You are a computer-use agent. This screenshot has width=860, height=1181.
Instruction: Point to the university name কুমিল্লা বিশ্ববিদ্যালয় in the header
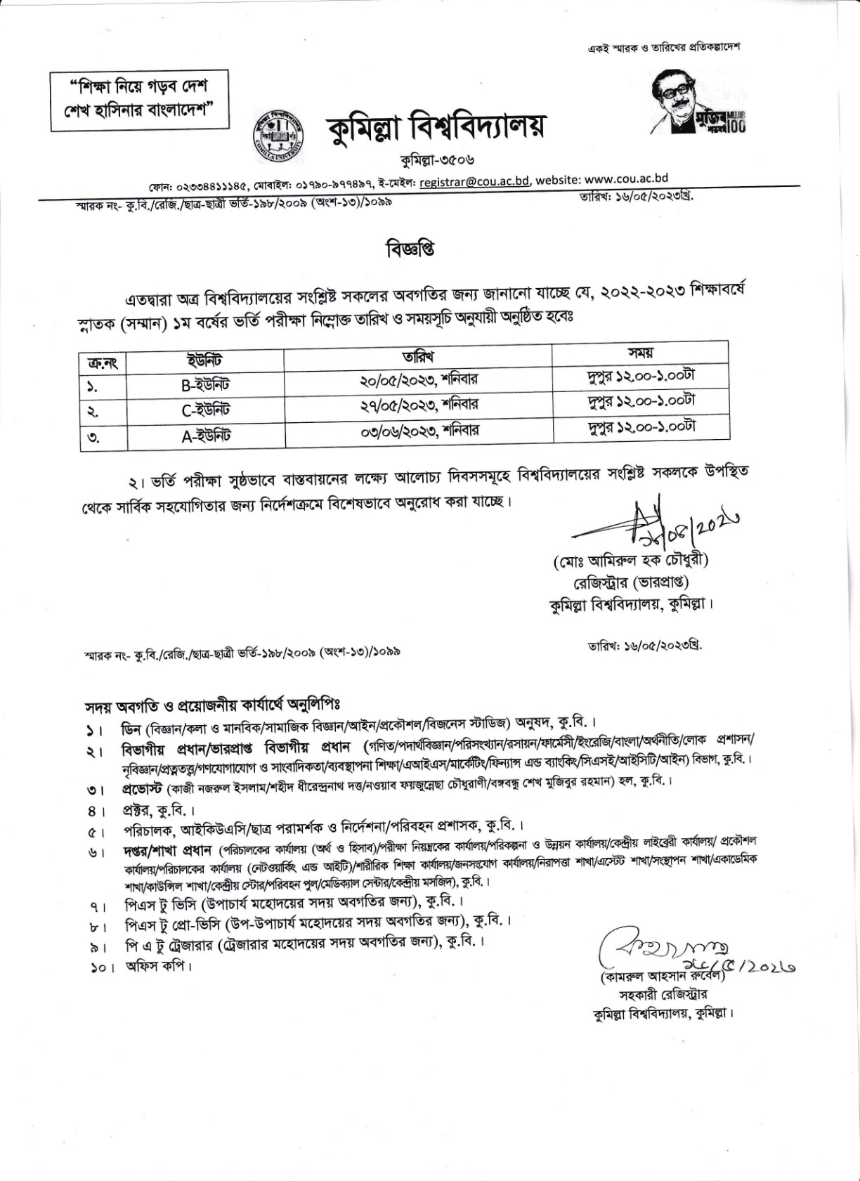(x=436, y=129)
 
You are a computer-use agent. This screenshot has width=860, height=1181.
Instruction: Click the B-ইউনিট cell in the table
(x=205, y=384)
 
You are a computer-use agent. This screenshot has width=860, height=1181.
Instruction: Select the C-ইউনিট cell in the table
(x=205, y=410)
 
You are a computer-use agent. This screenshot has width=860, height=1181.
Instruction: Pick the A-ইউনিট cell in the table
(x=205, y=436)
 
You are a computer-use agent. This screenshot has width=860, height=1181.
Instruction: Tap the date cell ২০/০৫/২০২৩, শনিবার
(x=418, y=380)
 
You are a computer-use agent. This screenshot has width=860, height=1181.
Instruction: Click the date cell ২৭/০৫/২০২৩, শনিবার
(x=418, y=405)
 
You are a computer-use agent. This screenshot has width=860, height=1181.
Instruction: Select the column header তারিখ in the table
(x=419, y=355)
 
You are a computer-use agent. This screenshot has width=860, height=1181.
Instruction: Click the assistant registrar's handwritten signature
(x=657, y=948)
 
